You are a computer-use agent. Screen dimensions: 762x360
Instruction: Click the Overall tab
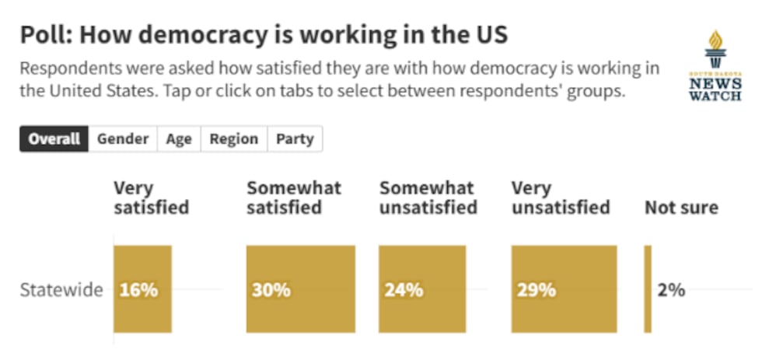54,139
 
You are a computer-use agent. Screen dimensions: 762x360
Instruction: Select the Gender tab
123,139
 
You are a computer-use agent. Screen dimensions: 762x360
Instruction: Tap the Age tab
179,139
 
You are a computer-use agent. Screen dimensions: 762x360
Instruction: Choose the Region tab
234,139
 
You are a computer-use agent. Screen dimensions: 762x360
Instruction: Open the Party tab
295,139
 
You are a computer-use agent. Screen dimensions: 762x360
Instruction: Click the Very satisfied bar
143,289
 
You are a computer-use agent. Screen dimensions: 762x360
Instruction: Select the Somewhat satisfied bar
301,289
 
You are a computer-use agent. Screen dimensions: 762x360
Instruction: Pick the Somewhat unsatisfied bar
422,289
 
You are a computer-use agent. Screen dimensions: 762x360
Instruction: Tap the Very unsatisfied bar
565,289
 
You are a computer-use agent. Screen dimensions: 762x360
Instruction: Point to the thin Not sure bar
648,289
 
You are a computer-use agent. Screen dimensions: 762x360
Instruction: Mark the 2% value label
672,290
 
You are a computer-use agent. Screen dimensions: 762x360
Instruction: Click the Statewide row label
61,290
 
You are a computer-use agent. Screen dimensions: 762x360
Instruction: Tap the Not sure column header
681,208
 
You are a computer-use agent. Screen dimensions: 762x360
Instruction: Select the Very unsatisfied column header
561,197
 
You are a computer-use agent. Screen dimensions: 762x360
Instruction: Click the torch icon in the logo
715,49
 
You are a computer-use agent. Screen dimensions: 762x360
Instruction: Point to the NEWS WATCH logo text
715,89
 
